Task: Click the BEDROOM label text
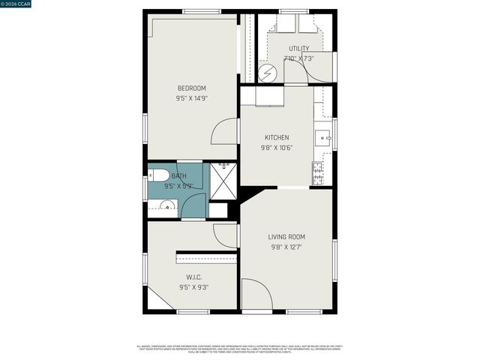point(191,88)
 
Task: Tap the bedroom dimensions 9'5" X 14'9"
point(191,98)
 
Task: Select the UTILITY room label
point(298,49)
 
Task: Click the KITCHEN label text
point(277,137)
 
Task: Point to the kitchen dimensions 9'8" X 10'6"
point(277,147)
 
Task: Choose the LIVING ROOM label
point(286,237)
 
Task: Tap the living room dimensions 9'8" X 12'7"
point(286,247)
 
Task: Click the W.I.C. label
point(193,277)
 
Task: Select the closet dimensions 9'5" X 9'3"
point(193,286)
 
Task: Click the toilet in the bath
point(158,175)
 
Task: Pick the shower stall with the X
point(223,181)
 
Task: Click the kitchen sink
point(322,137)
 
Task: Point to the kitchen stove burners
point(318,172)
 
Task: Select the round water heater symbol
point(268,73)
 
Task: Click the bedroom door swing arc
point(225,132)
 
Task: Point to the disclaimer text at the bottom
point(239,349)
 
